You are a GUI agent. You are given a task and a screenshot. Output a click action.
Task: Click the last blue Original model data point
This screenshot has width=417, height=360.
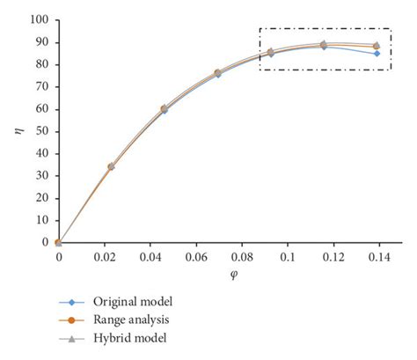(x=377, y=54)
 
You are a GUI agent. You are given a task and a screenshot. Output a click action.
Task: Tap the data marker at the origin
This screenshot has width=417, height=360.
(x=58, y=242)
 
